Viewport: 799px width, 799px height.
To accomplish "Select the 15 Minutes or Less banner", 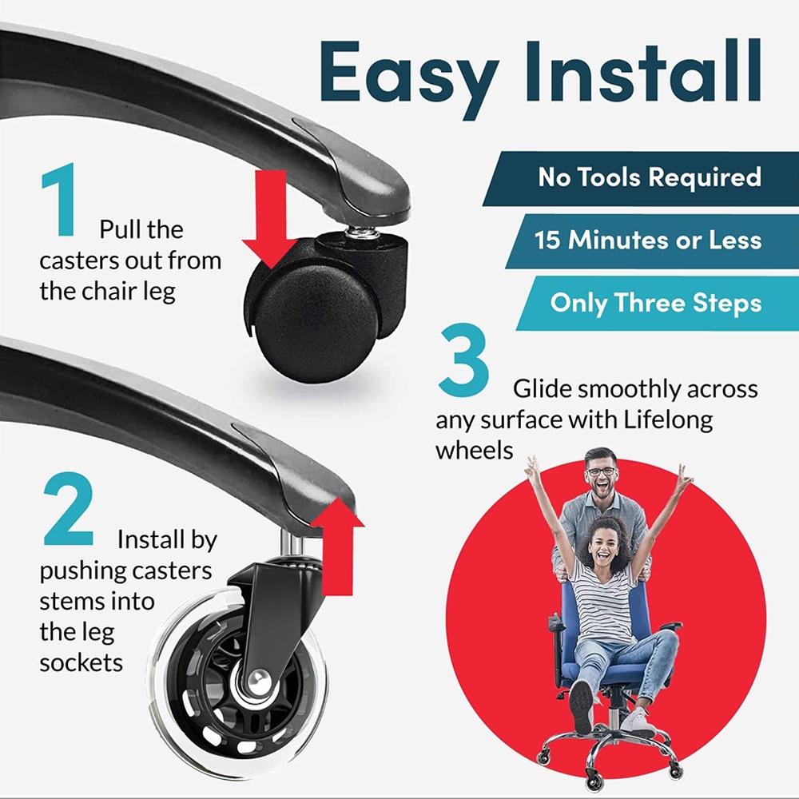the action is coord(652,241).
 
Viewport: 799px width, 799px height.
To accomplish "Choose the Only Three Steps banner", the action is coord(658,303).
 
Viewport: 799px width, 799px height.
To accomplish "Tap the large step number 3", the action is coord(463,360).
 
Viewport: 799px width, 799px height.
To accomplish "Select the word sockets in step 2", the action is coord(81,663).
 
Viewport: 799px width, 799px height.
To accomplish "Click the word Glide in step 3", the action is coord(543,389).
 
